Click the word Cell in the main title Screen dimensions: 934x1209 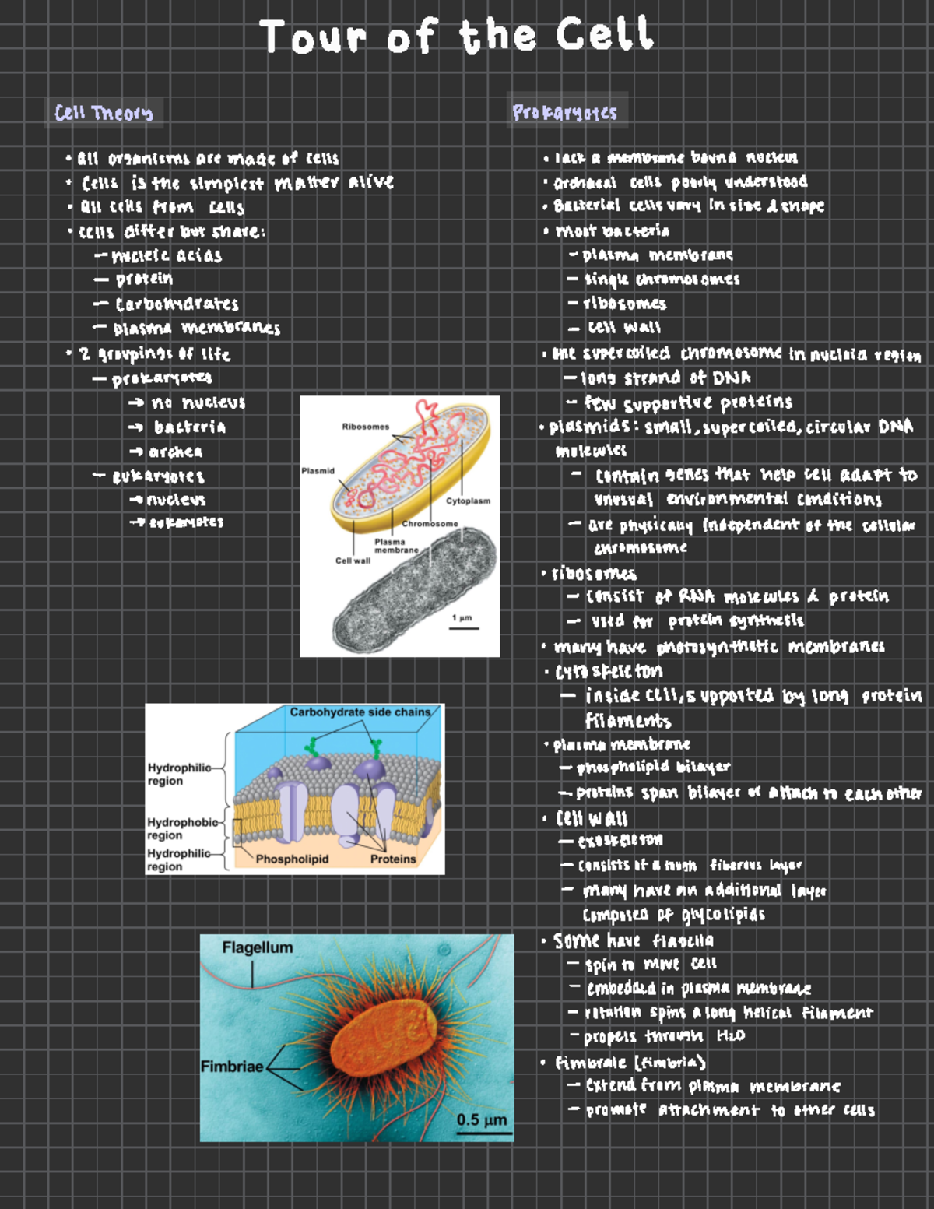(x=604, y=36)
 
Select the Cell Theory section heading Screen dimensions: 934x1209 (x=104, y=113)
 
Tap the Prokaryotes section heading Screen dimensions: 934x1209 (x=564, y=113)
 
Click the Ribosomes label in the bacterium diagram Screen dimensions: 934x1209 (x=365, y=427)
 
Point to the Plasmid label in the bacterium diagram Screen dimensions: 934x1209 (x=318, y=471)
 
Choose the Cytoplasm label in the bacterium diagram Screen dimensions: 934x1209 (x=468, y=501)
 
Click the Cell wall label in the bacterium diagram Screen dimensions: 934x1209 (x=353, y=561)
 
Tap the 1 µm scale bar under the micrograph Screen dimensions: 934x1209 (x=463, y=627)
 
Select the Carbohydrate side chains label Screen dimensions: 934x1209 (x=360, y=712)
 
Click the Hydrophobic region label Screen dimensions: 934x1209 (x=183, y=828)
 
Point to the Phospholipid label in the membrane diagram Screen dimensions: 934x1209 (x=292, y=859)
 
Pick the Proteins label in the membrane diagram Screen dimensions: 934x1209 (x=393, y=859)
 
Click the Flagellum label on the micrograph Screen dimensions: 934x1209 (x=258, y=947)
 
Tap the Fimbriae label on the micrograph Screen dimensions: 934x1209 (x=232, y=1067)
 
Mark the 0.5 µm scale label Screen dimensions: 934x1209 (x=482, y=1120)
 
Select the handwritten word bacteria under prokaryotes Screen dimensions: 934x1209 (x=190, y=427)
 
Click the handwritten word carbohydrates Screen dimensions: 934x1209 (x=177, y=304)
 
